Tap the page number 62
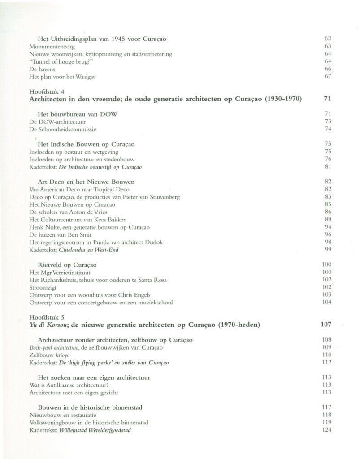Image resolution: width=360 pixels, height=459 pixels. coord(327,39)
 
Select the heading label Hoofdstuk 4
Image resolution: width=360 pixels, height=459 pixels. coord(44,91)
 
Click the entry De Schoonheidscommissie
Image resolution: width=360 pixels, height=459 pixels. coord(62,130)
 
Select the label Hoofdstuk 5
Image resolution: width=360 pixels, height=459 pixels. coord(44,317)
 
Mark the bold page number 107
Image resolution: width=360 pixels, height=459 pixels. coord(326,325)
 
